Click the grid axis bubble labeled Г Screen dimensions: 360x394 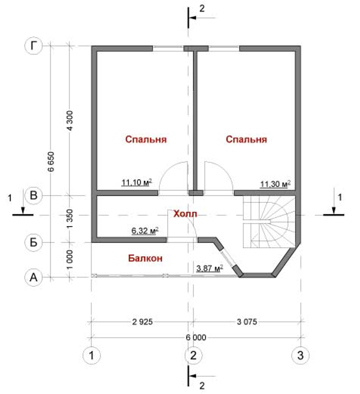click(x=33, y=46)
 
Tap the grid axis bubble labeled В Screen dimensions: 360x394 click(x=33, y=195)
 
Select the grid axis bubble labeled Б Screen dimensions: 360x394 click(x=33, y=243)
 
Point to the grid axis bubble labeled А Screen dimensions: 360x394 click(x=33, y=277)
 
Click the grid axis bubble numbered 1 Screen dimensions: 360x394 click(x=91, y=355)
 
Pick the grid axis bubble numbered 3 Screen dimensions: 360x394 click(x=300, y=355)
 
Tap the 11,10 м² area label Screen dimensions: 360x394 click(x=136, y=182)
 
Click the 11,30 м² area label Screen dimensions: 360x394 click(x=275, y=184)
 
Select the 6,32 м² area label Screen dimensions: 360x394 click(x=145, y=230)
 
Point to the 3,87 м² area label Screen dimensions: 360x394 click(x=210, y=268)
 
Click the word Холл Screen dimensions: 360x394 click(x=185, y=214)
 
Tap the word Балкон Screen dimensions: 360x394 click(x=145, y=258)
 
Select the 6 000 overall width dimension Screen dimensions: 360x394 click(x=196, y=337)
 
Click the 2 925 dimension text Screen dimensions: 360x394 click(x=142, y=322)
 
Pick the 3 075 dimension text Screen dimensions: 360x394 click(x=247, y=322)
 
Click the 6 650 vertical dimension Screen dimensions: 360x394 click(x=51, y=162)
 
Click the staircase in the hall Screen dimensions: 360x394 click(x=269, y=222)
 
